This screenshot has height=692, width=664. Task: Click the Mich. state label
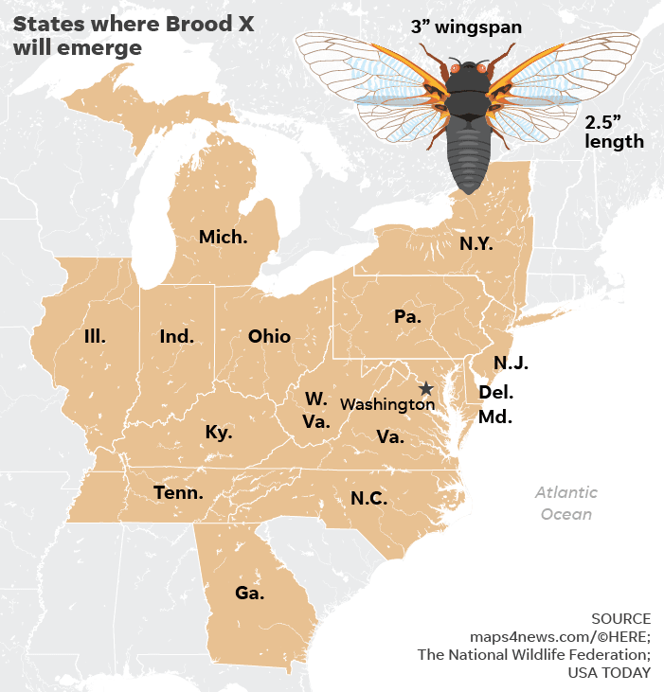pos(223,237)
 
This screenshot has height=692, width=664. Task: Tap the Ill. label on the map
pos(95,336)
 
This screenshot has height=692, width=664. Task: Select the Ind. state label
pos(176,336)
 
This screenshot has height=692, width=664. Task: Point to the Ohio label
pos(269,336)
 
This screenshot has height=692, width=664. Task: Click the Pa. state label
pos(407,317)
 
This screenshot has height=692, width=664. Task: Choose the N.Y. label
pos(476,243)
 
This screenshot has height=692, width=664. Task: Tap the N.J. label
pos(511,363)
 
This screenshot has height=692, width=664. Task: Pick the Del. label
pos(496,392)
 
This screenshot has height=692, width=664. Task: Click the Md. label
pos(494,417)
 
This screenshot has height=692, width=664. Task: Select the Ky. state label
pos(219,433)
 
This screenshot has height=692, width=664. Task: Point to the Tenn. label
pos(178,492)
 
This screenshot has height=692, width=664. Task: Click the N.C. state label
pos(368,498)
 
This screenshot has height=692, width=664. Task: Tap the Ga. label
pos(250,594)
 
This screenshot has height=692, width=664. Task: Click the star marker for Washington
pos(426,388)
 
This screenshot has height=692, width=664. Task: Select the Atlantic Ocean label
pos(566,504)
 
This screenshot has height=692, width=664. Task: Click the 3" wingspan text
pos(466,27)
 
